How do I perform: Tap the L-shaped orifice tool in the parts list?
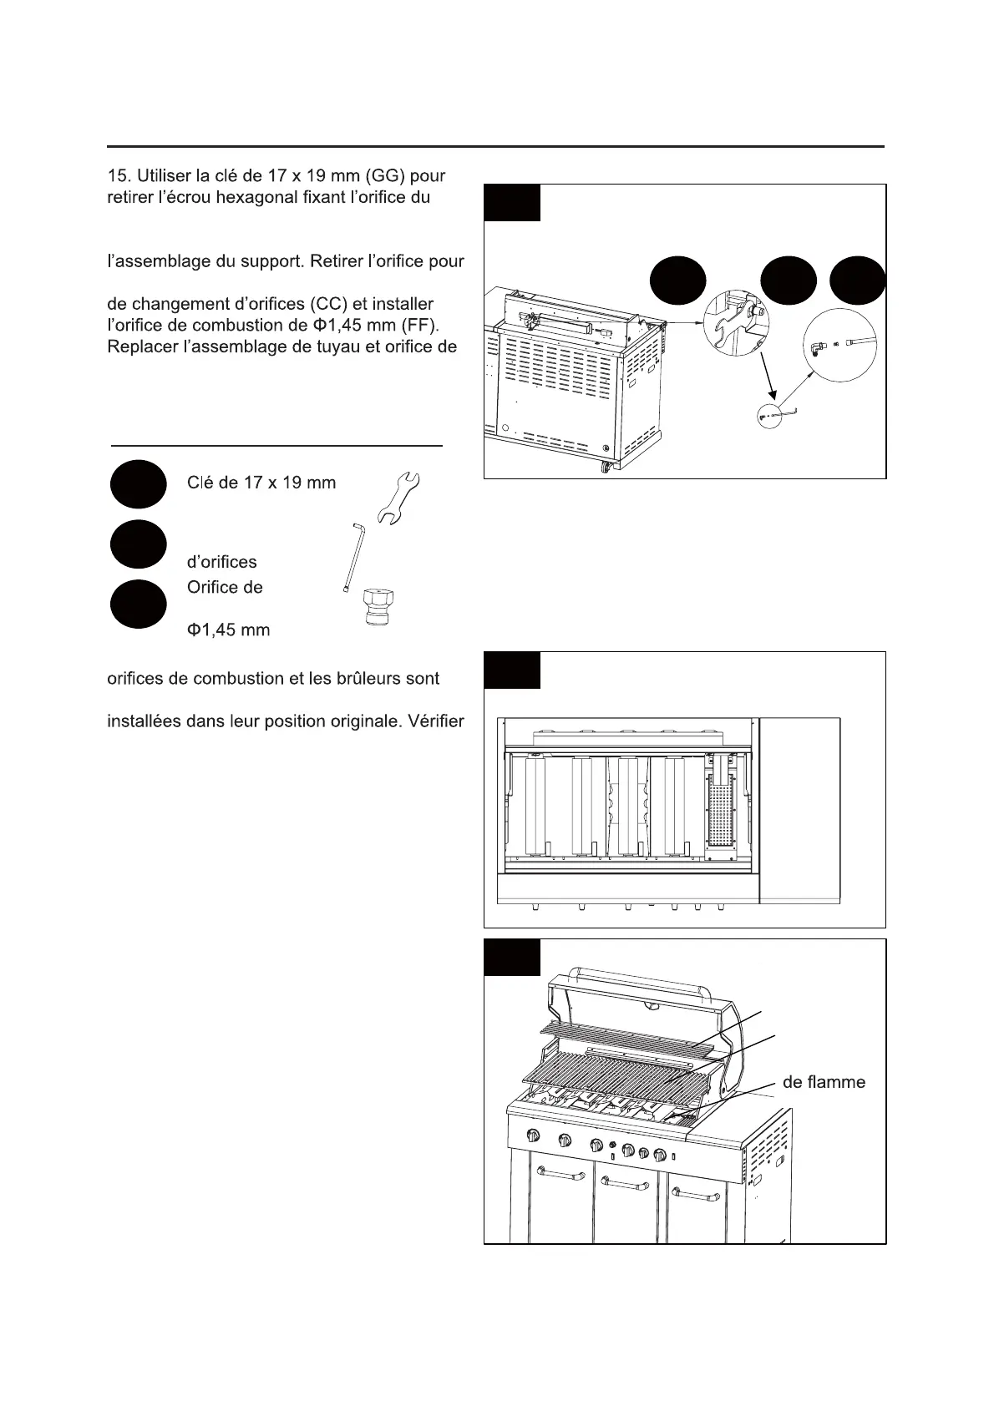click(351, 556)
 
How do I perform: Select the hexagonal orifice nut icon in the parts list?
click(378, 606)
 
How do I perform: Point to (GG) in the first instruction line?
click(387, 176)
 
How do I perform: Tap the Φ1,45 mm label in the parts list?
click(228, 630)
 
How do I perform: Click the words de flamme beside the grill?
click(824, 1082)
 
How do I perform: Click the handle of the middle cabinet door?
click(625, 1182)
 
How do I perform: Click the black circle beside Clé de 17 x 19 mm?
click(137, 483)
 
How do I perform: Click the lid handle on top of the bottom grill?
click(639, 974)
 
